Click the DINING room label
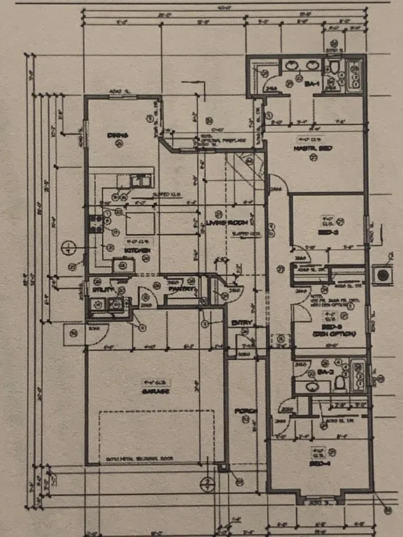tap(116, 135)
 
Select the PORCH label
tap(247, 410)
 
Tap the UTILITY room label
tap(97, 288)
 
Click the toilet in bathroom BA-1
tap(335, 68)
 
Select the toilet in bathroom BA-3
tap(339, 382)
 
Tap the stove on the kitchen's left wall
tap(95, 223)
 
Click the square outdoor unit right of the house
tap(383, 275)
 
